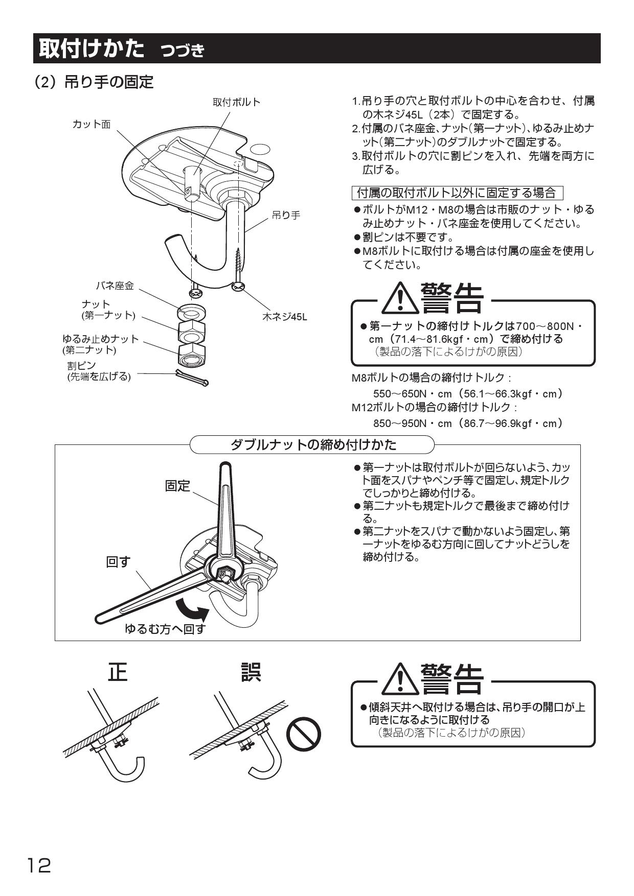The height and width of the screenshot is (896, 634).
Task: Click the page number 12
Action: coord(39,866)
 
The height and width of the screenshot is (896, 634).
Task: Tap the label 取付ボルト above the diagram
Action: coord(236,102)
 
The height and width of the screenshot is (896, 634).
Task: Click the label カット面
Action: coord(92,125)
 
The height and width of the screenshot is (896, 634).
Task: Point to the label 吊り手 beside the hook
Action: coord(286,216)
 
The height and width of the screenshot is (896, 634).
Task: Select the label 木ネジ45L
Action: coord(285,317)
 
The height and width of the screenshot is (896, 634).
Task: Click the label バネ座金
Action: coord(115,286)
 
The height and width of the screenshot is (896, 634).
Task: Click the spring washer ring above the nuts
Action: coord(192,312)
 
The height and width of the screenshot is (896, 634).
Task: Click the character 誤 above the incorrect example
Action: coord(251,672)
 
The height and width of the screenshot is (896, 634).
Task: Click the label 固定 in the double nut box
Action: coord(177,486)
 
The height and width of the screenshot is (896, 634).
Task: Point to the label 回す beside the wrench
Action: coord(118,562)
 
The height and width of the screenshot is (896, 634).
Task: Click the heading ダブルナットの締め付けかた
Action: coord(313,444)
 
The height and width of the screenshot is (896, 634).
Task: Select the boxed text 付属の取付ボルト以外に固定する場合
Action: coord(457,193)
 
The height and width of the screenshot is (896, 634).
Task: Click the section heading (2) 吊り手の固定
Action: coord(94,82)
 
